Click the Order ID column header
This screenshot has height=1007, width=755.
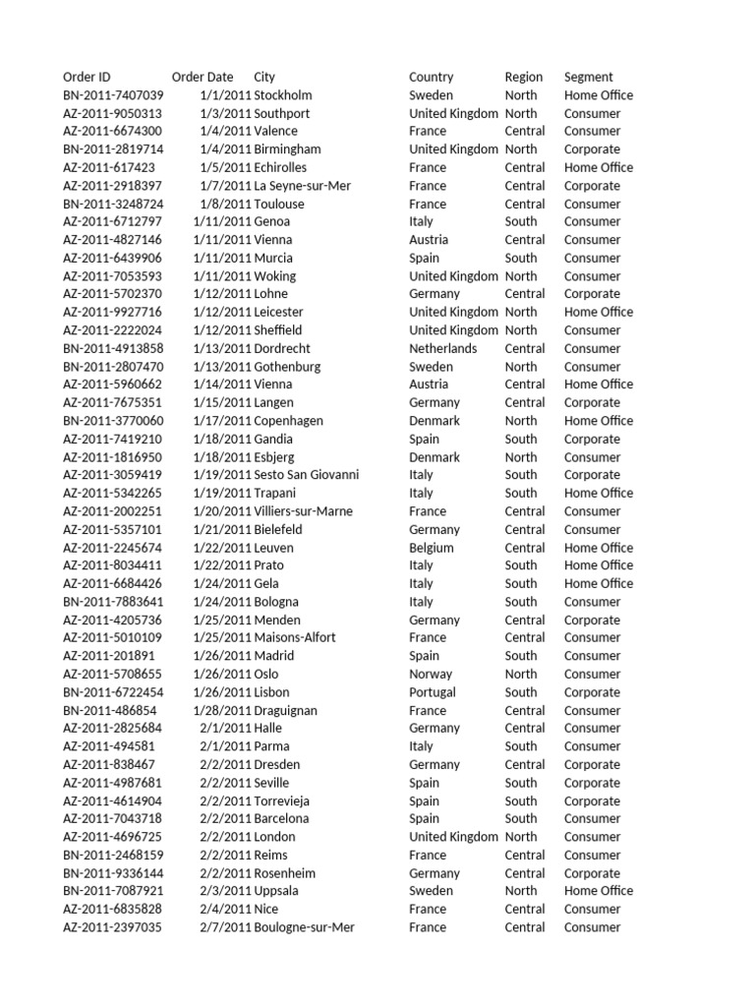[87, 77]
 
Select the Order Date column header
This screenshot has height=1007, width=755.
[203, 77]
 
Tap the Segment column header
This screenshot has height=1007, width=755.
[588, 77]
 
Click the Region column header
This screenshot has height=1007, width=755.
[523, 77]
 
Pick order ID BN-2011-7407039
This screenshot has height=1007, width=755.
[113, 95]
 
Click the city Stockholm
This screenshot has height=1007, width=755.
[283, 95]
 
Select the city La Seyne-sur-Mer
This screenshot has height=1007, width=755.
[302, 186]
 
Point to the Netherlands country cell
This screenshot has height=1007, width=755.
[442, 348]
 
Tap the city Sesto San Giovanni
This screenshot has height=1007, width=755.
[306, 475]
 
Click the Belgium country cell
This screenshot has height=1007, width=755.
[432, 548]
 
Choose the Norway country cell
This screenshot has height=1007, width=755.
[431, 674]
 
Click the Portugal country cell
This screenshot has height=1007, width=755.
[433, 692]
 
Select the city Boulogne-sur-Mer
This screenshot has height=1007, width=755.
[304, 927]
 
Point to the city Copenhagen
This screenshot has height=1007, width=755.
[288, 421]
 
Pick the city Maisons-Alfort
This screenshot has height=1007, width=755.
[295, 637]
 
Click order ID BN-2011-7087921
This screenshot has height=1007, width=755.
[113, 891]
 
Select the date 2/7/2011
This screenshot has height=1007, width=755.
[225, 927]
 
